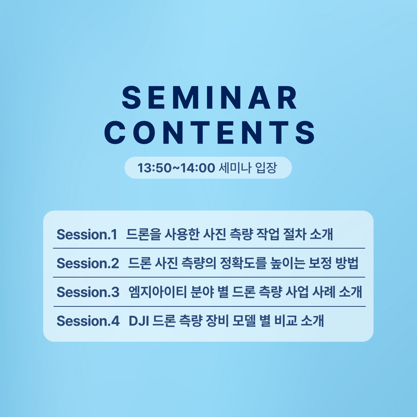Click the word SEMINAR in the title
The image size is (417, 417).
coord(209,97)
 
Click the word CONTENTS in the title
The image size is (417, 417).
coord(209,132)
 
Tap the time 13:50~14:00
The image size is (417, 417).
coord(176,168)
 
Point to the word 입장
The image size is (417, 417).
coord(266,168)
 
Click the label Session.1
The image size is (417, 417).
coord(87,235)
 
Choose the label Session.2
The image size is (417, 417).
coord(88,263)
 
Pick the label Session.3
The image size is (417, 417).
coord(88,292)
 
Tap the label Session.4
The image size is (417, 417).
coord(88,321)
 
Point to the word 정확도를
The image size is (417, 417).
coord(243,263)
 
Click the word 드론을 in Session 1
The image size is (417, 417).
coord(143,235)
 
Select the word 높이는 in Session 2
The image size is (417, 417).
coord(288,263)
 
